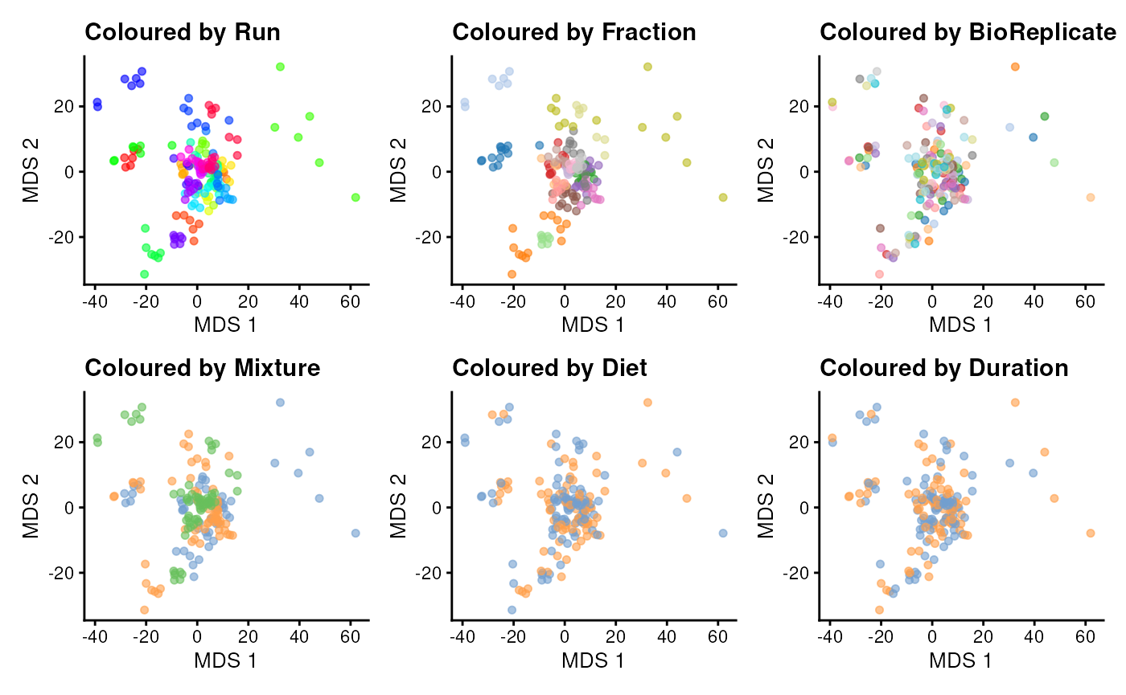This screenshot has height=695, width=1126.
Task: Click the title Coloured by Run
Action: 183,33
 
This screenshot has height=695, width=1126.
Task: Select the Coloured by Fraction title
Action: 573,33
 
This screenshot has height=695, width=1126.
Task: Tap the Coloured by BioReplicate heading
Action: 968,33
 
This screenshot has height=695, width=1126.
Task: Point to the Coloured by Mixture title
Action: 203,369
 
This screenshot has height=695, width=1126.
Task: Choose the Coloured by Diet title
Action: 549,369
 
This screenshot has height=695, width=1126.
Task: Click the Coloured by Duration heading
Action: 944,369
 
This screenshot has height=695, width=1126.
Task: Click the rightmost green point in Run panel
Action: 355,197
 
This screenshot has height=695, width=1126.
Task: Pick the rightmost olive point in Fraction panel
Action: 723,197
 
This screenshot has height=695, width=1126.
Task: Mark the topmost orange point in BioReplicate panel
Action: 1015,67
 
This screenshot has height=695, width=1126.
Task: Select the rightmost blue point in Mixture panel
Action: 355,533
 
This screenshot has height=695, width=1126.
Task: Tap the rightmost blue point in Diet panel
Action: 723,533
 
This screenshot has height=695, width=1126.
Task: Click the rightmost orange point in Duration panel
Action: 1091,533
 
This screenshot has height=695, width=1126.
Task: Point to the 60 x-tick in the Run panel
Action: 350,301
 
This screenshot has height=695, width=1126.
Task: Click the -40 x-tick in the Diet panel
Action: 462,637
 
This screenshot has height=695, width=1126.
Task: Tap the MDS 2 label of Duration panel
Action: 767,506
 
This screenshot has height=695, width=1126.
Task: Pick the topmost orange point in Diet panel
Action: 647,403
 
